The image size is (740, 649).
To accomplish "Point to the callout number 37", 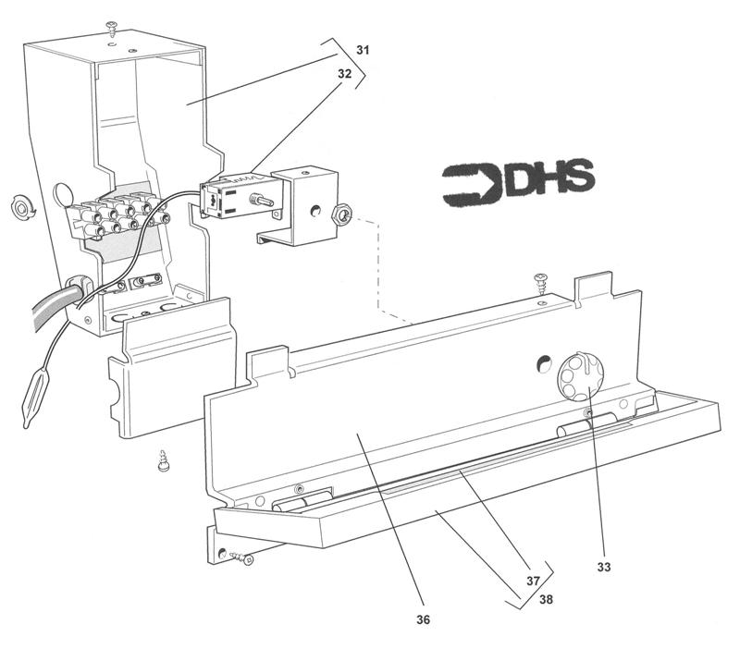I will pyautogui.click(x=534, y=581).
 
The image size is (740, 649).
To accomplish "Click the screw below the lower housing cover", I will pyautogui.click(x=162, y=460).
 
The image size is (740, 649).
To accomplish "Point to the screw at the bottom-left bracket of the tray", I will pyautogui.click(x=242, y=557).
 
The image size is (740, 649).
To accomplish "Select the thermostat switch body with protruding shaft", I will pyautogui.click(x=227, y=197).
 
